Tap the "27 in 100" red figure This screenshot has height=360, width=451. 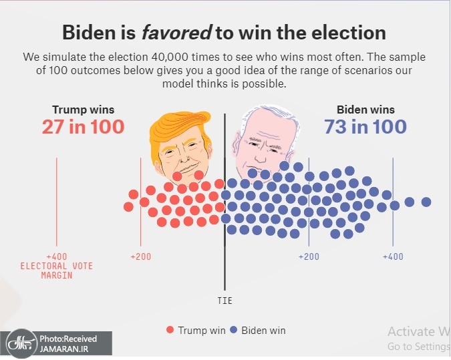[83, 126]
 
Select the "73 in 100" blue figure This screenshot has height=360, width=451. [365, 126]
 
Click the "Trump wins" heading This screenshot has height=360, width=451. [83, 110]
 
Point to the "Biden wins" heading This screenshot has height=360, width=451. [365, 110]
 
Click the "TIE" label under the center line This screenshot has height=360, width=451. [225, 301]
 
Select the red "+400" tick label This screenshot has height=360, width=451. [57, 257]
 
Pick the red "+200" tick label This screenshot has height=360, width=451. [140, 257]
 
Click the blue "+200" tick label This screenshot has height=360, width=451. [309, 257]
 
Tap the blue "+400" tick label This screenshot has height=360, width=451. [393, 257]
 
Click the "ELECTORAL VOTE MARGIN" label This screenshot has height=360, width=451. [57, 271]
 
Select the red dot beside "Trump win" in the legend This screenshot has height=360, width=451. [170, 330]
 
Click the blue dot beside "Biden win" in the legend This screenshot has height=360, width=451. [234, 330]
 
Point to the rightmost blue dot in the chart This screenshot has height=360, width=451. [426, 202]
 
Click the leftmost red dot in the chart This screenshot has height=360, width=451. [128, 207]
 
